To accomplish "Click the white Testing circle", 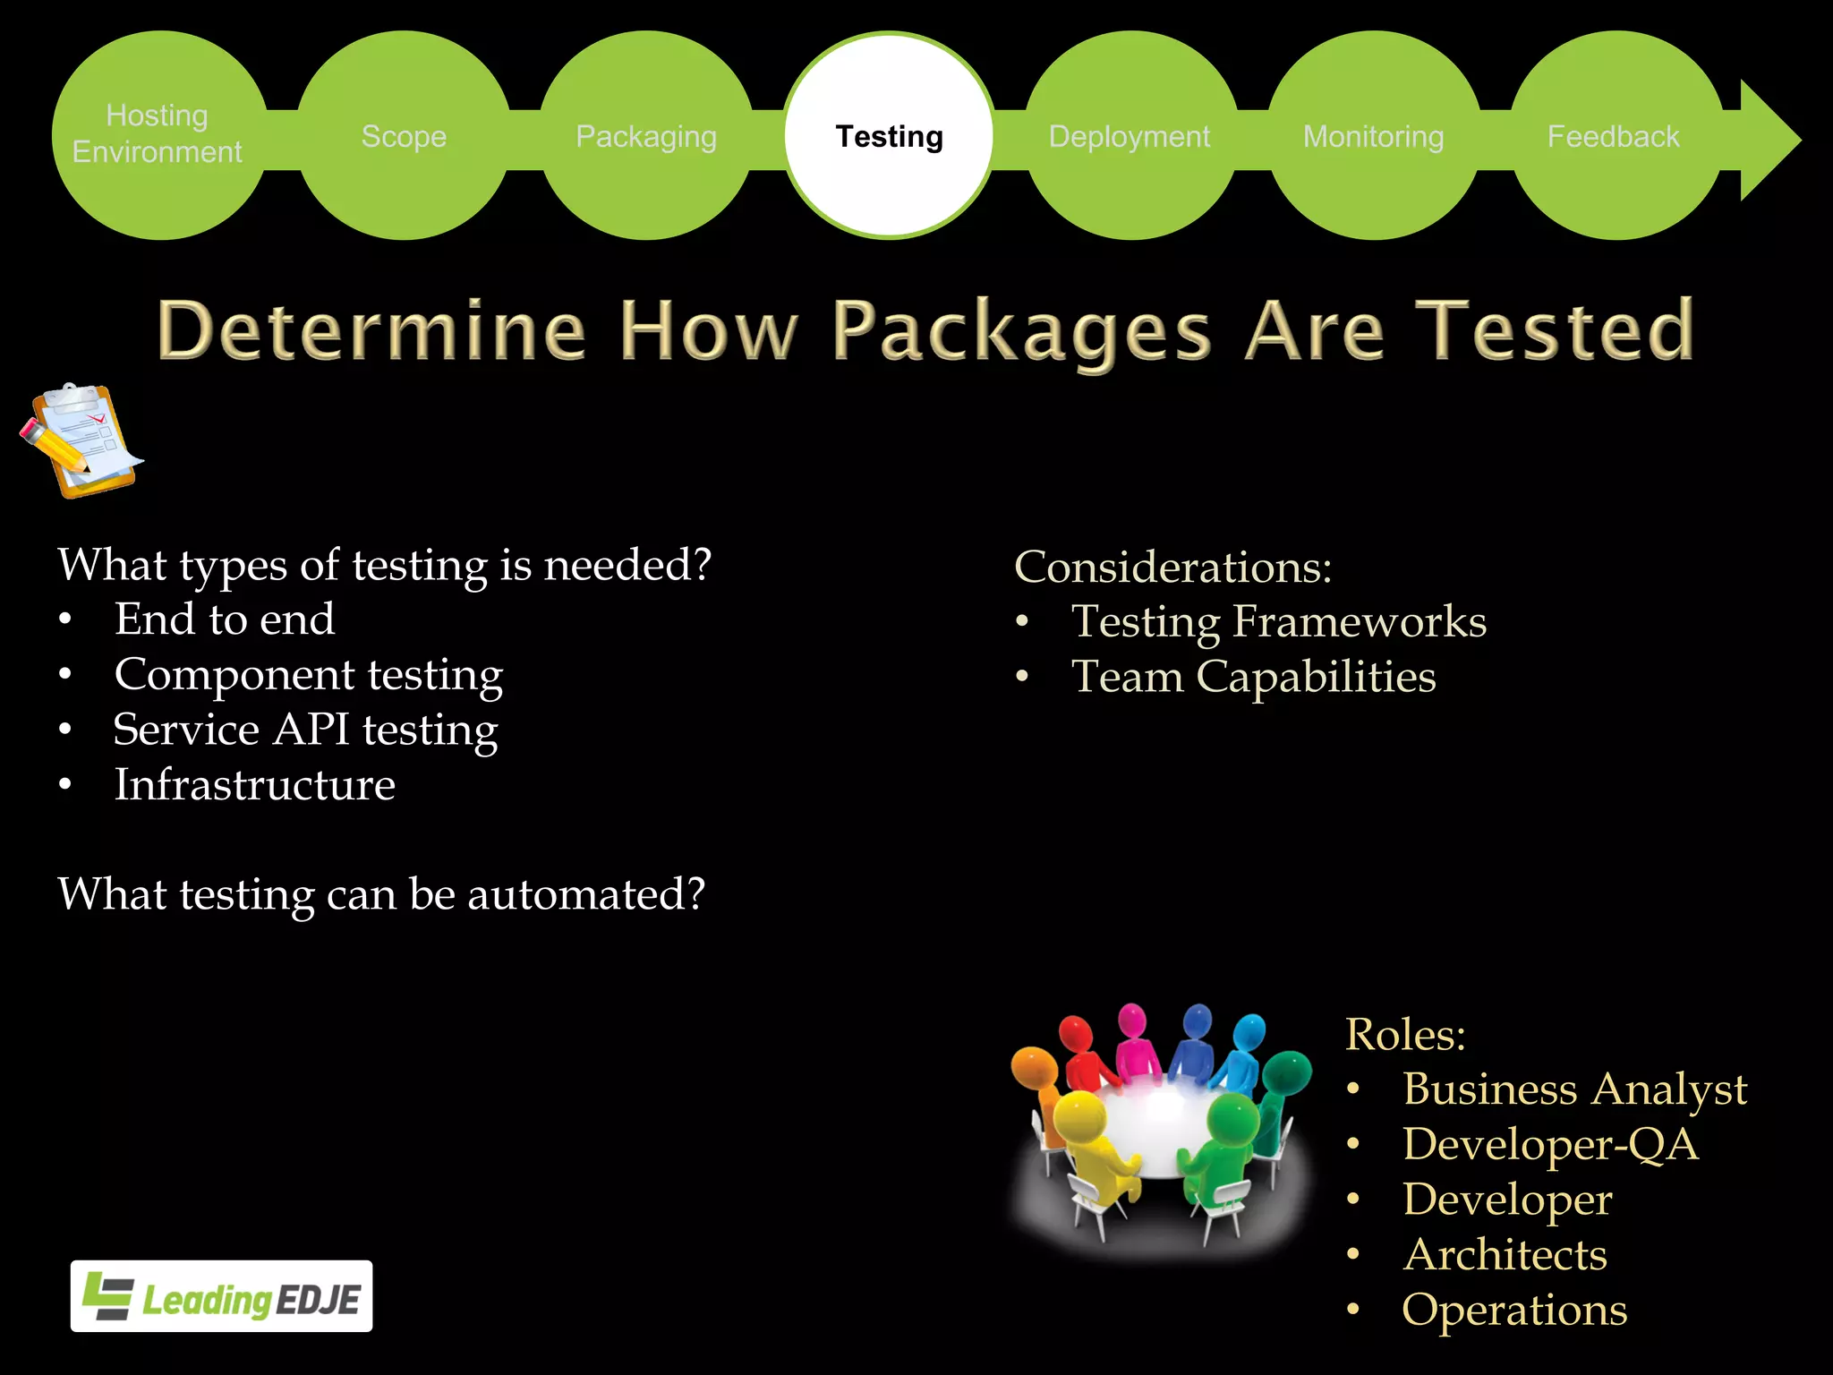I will (x=889, y=136).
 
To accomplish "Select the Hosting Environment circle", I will (x=158, y=134).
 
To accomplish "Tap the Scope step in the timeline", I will (x=404, y=136).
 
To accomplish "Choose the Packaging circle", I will (x=646, y=136).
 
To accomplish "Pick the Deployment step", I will (x=1130, y=136).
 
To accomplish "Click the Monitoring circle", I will (x=1374, y=136).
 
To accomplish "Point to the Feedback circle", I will (x=1614, y=136).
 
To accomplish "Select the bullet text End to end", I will (x=225, y=619).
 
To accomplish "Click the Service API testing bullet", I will (x=305, y=730).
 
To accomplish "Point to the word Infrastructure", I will (x=255, y=785).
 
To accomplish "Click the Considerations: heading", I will (x=1172, y=568).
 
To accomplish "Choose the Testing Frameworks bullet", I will (x=1279, y=622).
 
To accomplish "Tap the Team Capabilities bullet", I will (x=1253, y=677).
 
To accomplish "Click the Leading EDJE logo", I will (x=222, y=1296).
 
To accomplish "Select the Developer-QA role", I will (x=1550, y=1145).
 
